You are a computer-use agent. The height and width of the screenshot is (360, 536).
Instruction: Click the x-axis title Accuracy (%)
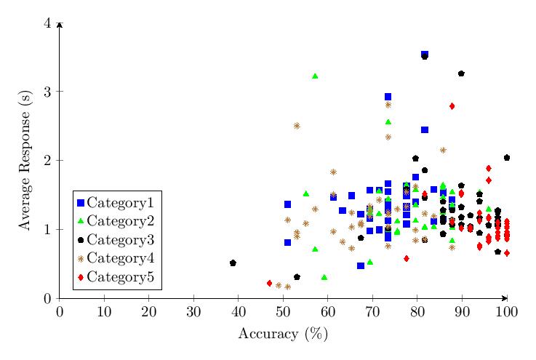tap(283, 334)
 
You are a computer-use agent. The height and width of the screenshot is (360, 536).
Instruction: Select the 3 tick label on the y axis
tap(48, 92)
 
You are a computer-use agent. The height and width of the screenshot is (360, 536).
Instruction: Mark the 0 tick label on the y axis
tap(48, 298)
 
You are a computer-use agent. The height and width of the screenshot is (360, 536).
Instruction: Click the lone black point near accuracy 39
tap(233, 263)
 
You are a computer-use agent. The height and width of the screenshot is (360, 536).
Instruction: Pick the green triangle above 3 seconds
tap(315, 76)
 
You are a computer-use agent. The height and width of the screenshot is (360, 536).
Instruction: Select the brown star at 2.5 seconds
tap(297, 126)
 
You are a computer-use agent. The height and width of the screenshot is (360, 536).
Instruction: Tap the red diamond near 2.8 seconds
tap(452, 106)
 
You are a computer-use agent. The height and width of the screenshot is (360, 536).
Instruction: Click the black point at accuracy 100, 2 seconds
tap(507, 158)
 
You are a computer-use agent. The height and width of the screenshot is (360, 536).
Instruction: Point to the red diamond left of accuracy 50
tap(269, 283)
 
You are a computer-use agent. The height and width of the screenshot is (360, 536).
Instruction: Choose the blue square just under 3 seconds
tap(388, 97)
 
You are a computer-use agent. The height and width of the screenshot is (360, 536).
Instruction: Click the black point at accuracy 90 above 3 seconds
tap(461, 73)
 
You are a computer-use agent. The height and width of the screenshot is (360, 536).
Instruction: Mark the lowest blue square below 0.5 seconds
tap(361, 265)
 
